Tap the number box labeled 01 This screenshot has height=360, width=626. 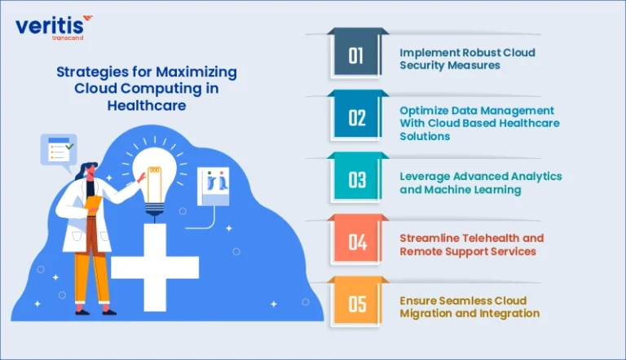[356, 55]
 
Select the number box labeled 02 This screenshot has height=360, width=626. [356, 117]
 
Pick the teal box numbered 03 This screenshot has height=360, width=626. [356, 179]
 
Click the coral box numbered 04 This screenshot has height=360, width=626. [356, 241]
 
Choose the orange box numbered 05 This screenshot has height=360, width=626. [356, 304]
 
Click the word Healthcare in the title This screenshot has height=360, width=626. [147, 105]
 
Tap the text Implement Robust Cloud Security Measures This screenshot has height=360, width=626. [467, 59]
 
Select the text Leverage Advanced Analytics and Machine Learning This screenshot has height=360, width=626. [481, 182]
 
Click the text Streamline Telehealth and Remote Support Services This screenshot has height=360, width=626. [471, 244]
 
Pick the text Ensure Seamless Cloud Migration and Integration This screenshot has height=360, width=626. [469, 306]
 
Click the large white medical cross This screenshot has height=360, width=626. [155, 267]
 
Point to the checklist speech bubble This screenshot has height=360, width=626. [59, 151]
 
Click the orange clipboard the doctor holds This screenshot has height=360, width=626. [93, 204]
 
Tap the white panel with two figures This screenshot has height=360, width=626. [214, 186]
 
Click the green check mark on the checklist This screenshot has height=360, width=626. [69, 147]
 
